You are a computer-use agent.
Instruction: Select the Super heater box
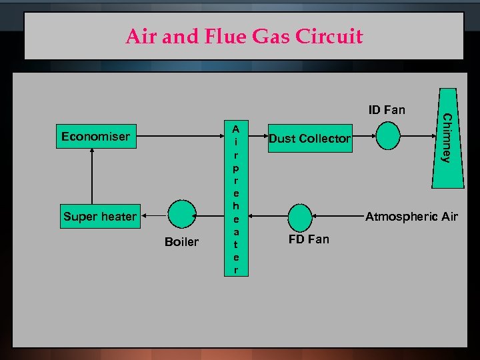tap(100, 216)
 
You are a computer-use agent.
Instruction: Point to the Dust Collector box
tap(309, 139)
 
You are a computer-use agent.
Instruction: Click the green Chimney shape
tap(447, 139)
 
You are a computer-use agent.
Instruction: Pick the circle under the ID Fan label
tap(387, 138)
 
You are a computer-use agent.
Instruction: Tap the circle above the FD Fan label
tap(300, 216)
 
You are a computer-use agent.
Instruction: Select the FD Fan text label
tap(308, 239)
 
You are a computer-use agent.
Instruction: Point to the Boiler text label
tap(181, 242)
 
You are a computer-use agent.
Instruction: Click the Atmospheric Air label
tap(411, 216)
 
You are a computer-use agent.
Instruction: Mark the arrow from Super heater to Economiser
tap(87, 176)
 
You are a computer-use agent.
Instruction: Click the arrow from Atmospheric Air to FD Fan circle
tap(337, 216)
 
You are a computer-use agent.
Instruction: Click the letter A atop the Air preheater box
tap(237, 127)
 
